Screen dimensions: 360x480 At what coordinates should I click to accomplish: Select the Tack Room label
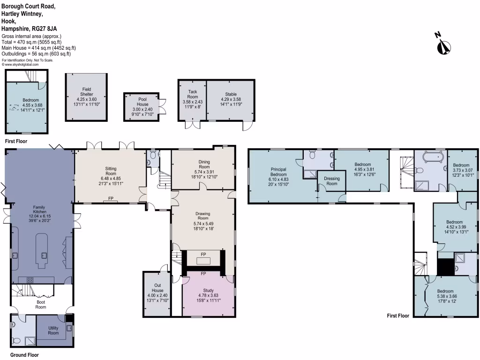point(192,94)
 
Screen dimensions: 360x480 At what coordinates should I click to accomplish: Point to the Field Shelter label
point(86,92)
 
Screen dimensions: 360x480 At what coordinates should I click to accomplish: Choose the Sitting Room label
point(111,171)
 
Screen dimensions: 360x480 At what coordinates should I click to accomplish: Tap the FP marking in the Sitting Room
point(111,199)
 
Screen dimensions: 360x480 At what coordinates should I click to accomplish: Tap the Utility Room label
point(53,330)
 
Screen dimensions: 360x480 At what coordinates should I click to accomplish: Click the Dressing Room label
point(331,181)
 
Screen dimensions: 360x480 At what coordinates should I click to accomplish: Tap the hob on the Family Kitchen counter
point(29,280)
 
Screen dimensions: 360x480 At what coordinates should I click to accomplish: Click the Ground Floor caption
point(22,355)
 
